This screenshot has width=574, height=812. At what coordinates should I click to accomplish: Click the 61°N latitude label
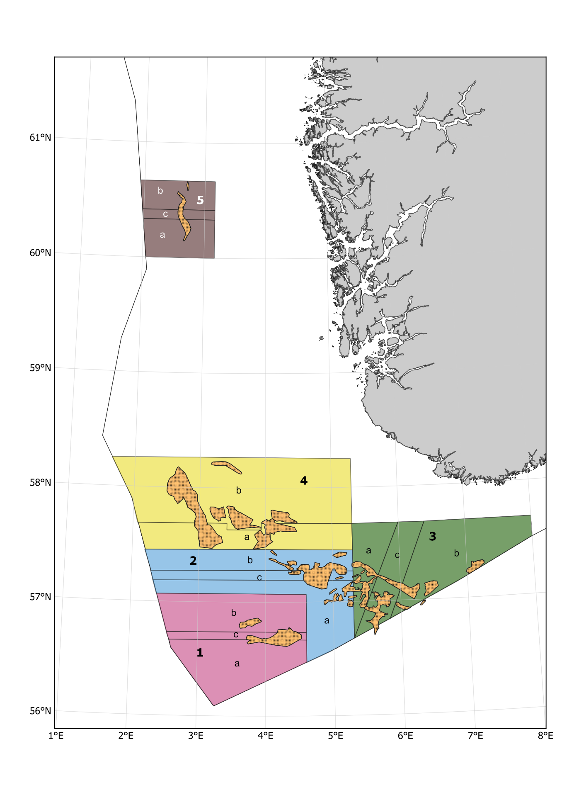(40, 137)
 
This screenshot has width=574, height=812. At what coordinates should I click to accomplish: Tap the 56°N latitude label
(40, 711)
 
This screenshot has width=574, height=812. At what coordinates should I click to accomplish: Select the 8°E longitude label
(545, 736)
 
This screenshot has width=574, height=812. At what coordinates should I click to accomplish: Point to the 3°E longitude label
(196, 736)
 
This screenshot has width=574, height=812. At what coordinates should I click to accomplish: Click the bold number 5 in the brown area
(200, 200)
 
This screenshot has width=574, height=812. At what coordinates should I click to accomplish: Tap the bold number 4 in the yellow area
(304, 481)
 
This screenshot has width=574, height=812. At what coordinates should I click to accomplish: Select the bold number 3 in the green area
(432, 537)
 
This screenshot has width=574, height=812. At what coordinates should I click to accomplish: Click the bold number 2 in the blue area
(193, 561)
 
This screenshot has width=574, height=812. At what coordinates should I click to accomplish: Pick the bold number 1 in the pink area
(200, 653)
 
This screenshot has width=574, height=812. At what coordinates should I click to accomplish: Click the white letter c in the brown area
(165, 214)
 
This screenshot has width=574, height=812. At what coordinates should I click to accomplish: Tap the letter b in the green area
(456, 553)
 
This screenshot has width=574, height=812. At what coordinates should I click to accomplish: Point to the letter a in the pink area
(237, 664)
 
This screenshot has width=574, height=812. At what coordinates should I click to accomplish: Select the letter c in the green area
(397, 555)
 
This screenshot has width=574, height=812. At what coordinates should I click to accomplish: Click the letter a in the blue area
(327, 621)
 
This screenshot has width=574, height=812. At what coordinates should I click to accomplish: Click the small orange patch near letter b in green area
(475, 566)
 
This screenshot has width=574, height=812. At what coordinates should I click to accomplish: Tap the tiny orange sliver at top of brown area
(188, 186)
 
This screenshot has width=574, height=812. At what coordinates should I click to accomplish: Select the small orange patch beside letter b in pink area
(250, 623)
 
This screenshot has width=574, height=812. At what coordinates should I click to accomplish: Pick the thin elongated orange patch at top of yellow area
(227, 467)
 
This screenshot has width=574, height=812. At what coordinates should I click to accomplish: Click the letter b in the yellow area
(238, 491)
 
